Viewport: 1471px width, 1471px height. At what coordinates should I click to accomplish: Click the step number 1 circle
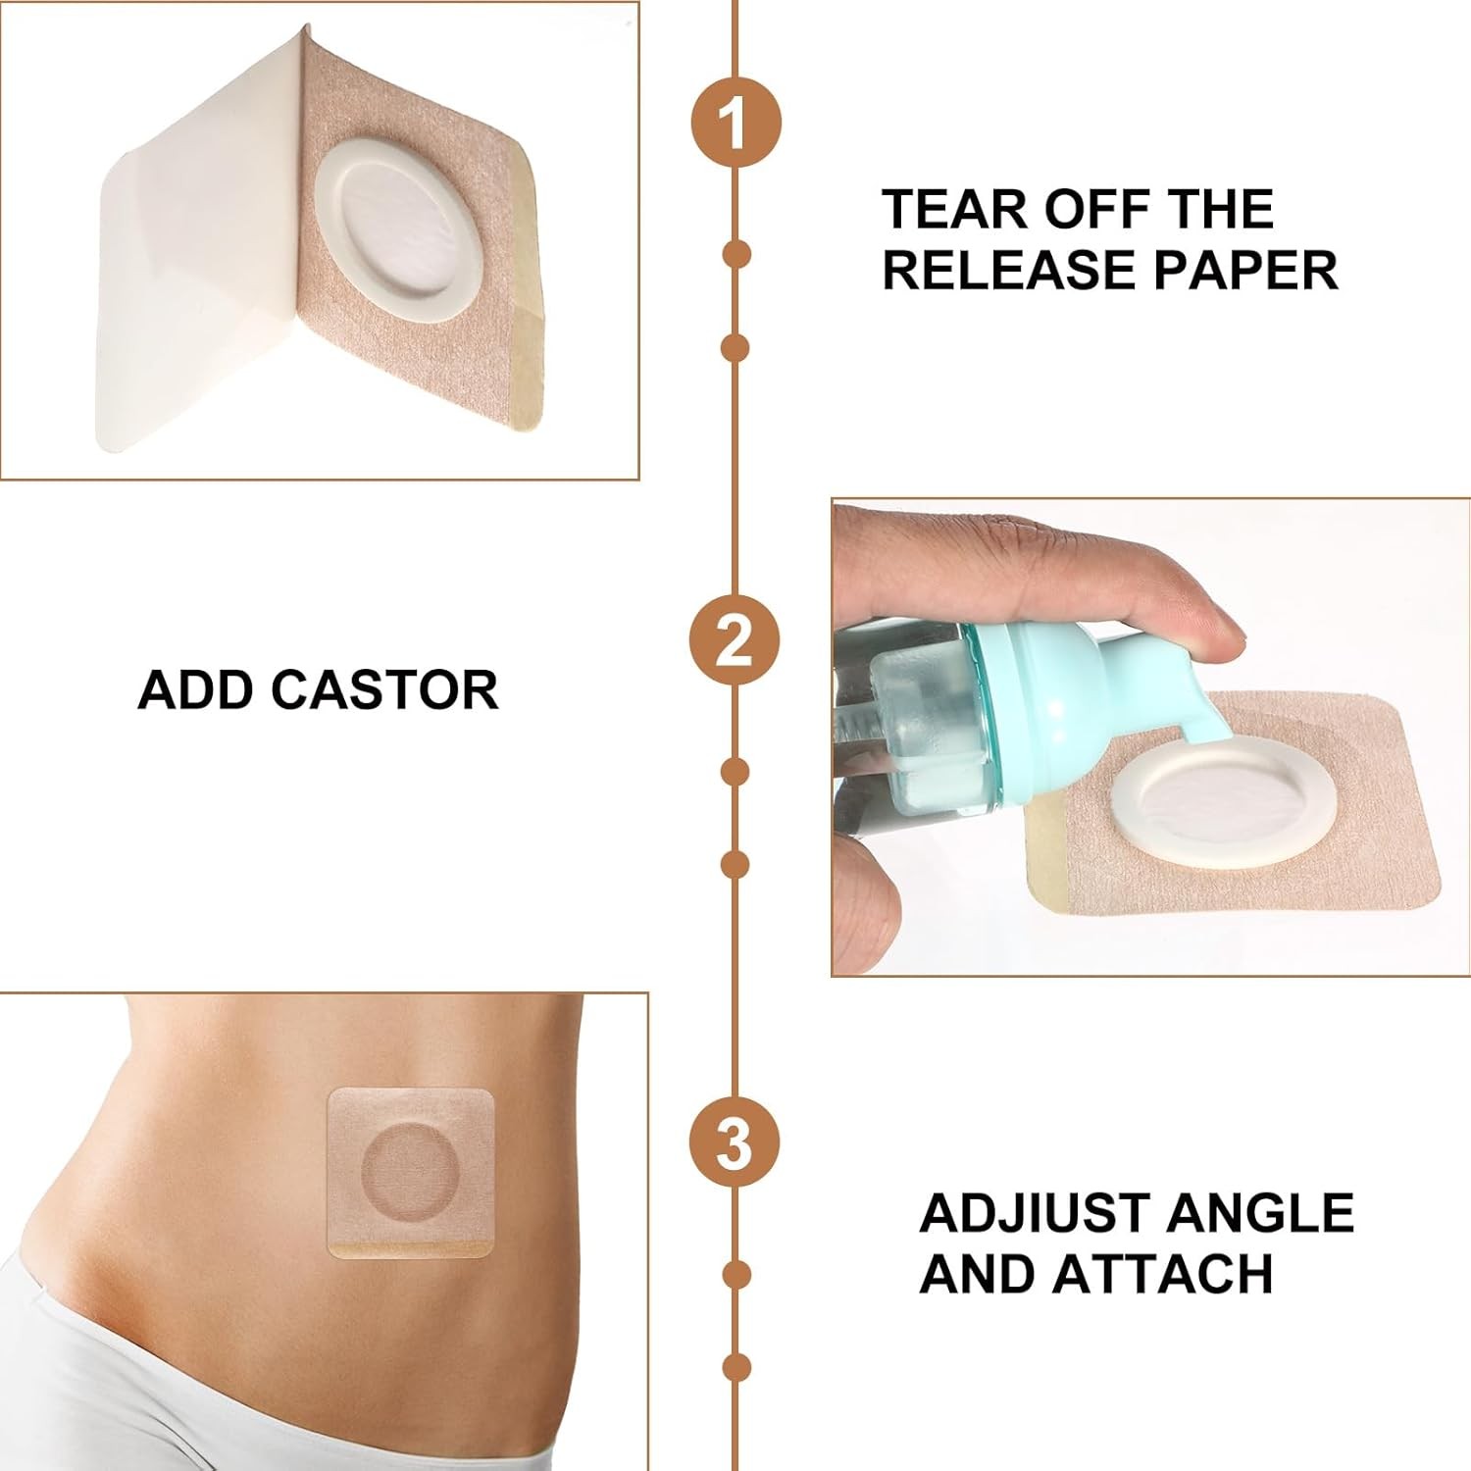tap(735, 125)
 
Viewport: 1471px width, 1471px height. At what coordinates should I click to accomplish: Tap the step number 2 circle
tap(735, 642)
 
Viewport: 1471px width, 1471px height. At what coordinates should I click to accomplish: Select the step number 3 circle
tap(735, 1143)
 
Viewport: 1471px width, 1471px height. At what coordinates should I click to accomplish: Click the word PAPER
tap(1245, 270)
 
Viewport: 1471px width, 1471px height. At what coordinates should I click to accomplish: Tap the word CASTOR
tap(384, 690)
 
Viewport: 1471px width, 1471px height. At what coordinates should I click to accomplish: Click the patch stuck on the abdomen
tap(410, 1173)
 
